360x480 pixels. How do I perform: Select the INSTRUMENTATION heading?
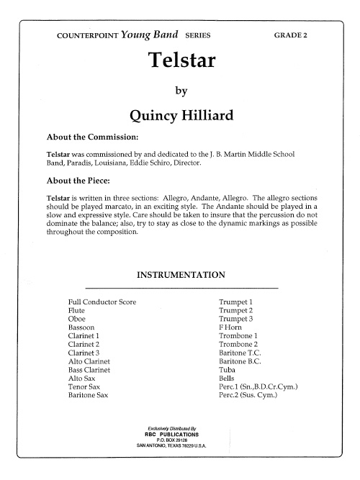pyautogui.click(x=181, y=274)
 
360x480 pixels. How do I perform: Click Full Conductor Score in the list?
pyautogui.click(x=102, y=302)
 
